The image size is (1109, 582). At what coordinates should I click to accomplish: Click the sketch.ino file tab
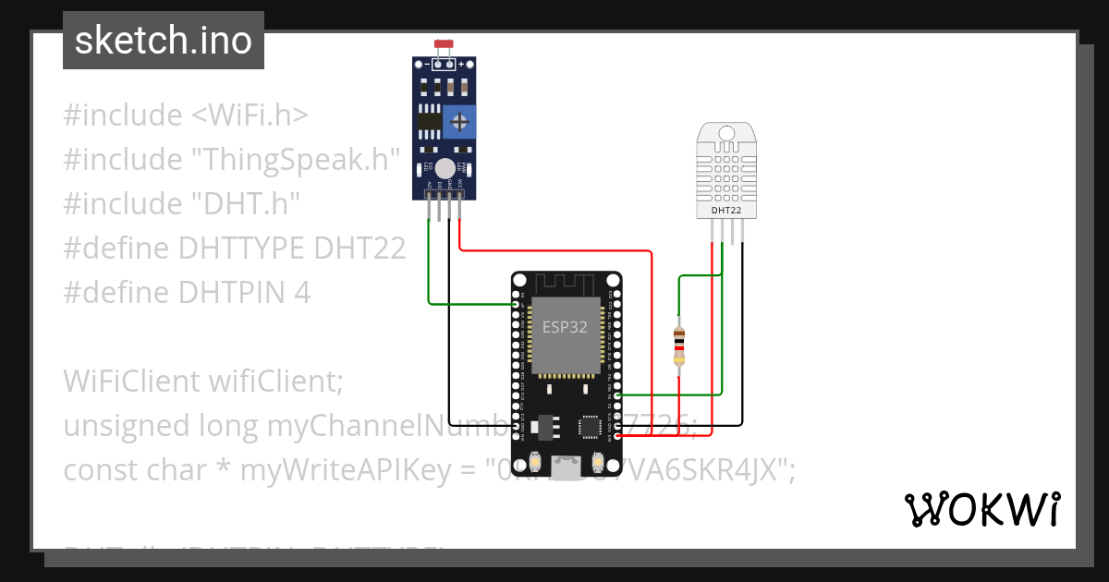coord(164,41)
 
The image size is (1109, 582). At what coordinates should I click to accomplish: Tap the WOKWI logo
coord(981,509)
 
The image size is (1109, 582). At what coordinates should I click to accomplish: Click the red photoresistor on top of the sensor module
coord(444,44)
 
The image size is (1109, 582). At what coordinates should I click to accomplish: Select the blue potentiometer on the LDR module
coord(459,121)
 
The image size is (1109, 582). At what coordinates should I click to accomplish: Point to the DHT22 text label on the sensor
coord(726,210)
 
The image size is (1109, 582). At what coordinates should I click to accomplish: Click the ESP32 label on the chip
coord(565,327)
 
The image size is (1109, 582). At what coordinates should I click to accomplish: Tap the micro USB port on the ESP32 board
coord(566,467)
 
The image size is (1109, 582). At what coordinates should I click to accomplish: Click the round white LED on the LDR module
coord(445,168)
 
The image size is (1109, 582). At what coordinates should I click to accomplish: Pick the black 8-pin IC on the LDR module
coord(427,120)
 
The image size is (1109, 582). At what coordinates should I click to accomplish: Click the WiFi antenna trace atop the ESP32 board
coord(566,282)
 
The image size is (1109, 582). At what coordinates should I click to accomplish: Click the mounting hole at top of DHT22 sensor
coord(726,134)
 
